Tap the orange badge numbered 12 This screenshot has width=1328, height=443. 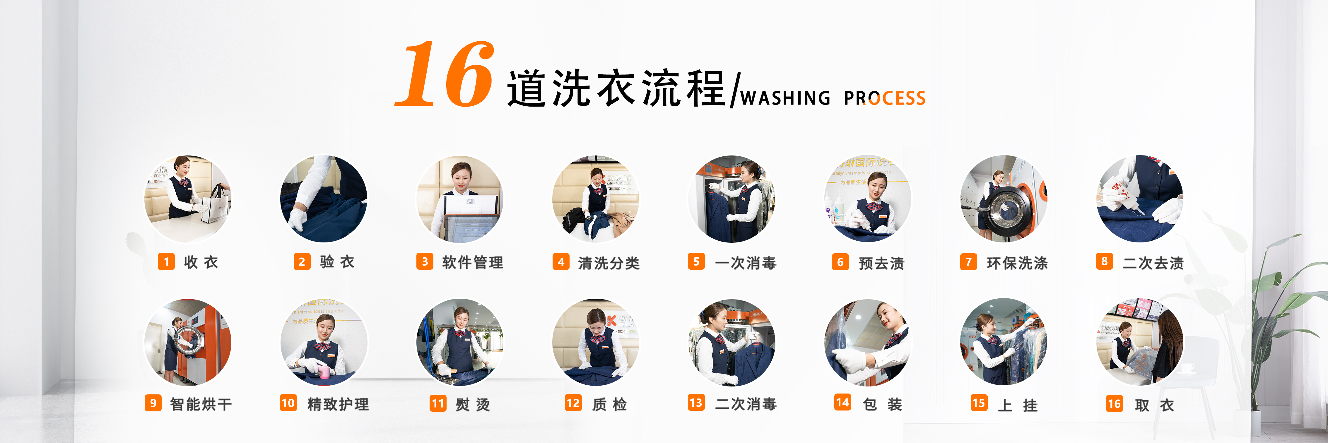point(573,403)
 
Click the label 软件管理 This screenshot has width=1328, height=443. point(473,263)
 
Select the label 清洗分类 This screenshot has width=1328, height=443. point(609,263)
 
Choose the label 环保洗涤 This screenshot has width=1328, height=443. point(1017,263)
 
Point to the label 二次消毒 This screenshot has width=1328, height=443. point(746,404)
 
